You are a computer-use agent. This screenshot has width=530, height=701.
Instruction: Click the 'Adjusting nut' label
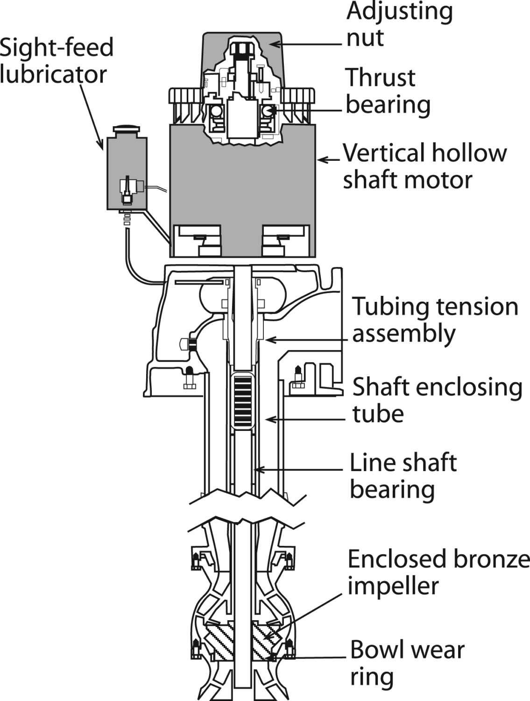tap(399, 24)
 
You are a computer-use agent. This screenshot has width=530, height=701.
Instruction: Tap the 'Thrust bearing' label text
tap(388, 91)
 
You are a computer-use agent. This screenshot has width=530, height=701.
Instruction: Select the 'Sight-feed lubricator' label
tap(56, 61)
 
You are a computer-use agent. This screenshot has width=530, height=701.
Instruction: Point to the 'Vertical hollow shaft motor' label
tap(424, 166)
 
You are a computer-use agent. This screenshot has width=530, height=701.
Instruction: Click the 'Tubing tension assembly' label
tap(435, 320)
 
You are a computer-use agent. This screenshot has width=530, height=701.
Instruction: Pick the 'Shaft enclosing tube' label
tap(437, 400)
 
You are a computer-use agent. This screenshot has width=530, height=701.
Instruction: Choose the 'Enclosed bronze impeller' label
tap(438, 572)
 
